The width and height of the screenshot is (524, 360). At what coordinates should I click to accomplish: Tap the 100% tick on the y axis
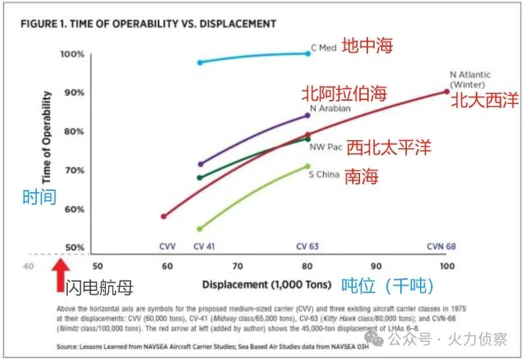pyautogui.click(x=72, y=54)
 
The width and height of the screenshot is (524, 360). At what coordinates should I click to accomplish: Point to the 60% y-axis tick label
pyautogui.click(x=74, y=209)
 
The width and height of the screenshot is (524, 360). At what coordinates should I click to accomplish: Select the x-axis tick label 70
pyautogui.click(x=237, y=267)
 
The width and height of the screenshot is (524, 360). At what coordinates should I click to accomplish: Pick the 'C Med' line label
pyautogui.click(x=323, y=48)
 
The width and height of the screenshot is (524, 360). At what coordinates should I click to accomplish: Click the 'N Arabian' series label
pyautogui.click(x=330, y=109)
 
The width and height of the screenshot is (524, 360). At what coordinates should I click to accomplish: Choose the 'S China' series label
pyautogui.click(x=324, y=174)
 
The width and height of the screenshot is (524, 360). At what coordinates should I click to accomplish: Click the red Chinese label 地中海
pyautogui.click(x=367, y=46)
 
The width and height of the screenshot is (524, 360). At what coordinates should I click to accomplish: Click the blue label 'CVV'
pyautogui.click(x=167, y=247)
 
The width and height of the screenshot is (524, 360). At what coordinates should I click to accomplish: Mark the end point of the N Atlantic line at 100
pyautogui.click(x=447, y=91)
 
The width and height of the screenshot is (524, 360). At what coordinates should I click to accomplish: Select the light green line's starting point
pyautogui.click(x=199, y=229)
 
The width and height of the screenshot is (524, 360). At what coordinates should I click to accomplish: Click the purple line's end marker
pyautogui.click(x=307, y=115)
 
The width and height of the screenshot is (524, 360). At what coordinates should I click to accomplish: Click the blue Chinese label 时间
pyautogui.click(x=39, y=197)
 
